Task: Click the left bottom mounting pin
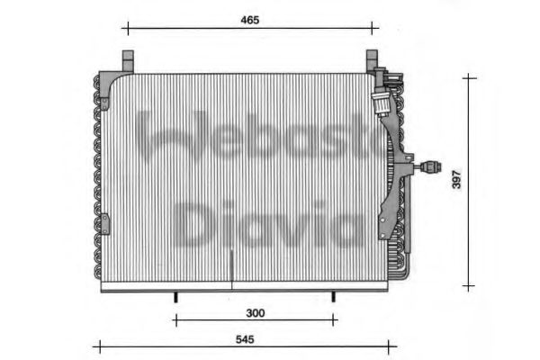pyautogui.click(x=176, y=297)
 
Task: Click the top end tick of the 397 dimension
pyautogui.click(x=467, y=77)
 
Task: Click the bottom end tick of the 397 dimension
pyautogui.click(x=467, y=286)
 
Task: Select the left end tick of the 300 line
pyautogui.click(x=176, y=319)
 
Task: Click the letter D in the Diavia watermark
pyautogui.click(x=193, y=224)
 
